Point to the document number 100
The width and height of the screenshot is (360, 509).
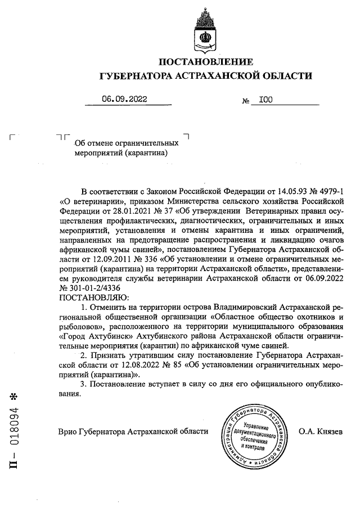(265, 100)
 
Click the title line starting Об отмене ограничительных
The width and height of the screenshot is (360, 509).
(127, 143)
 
